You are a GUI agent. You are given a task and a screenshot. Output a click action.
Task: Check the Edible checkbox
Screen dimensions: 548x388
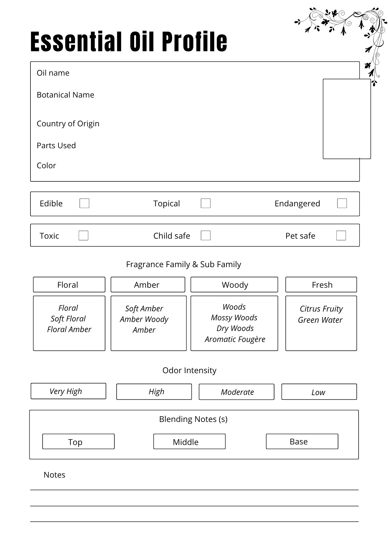(84, 203)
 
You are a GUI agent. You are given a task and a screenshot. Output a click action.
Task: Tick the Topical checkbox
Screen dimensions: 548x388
(206, 203)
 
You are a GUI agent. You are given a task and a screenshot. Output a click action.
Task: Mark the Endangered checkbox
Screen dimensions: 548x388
(342, 203)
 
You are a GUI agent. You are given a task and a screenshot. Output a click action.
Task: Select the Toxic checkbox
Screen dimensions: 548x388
(83, 235)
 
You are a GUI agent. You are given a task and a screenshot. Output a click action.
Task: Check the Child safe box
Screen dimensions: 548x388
(206, 235)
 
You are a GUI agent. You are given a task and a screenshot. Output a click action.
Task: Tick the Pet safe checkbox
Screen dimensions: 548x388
(341, 235)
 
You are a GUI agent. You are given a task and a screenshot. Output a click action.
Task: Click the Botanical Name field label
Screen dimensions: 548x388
(65, 95)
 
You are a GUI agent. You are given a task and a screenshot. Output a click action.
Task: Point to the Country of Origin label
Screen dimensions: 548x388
(68, 124)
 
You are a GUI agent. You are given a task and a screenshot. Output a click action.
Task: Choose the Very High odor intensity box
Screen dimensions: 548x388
(68, 391)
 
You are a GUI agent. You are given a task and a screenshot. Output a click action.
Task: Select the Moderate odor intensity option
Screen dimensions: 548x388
(237, 392)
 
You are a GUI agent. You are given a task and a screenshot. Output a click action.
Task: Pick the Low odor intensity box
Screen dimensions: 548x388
(319, 392)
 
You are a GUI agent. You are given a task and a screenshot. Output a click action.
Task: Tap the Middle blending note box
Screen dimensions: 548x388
(189, 441)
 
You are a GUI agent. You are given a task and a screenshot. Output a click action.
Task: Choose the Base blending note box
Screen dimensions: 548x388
(302, 441)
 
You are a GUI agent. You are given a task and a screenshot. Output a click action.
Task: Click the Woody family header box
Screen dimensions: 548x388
(234, 285)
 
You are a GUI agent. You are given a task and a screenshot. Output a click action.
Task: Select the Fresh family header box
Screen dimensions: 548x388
(321, 285)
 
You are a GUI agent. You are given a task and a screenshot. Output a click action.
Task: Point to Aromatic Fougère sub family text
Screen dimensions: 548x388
(235, 339)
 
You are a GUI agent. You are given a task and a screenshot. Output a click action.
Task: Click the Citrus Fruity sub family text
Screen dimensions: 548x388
(321, 309)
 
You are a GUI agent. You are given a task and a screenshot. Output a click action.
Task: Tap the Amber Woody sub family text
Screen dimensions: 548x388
(144, 319)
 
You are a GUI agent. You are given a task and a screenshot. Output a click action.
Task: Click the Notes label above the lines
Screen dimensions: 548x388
(54, 475)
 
